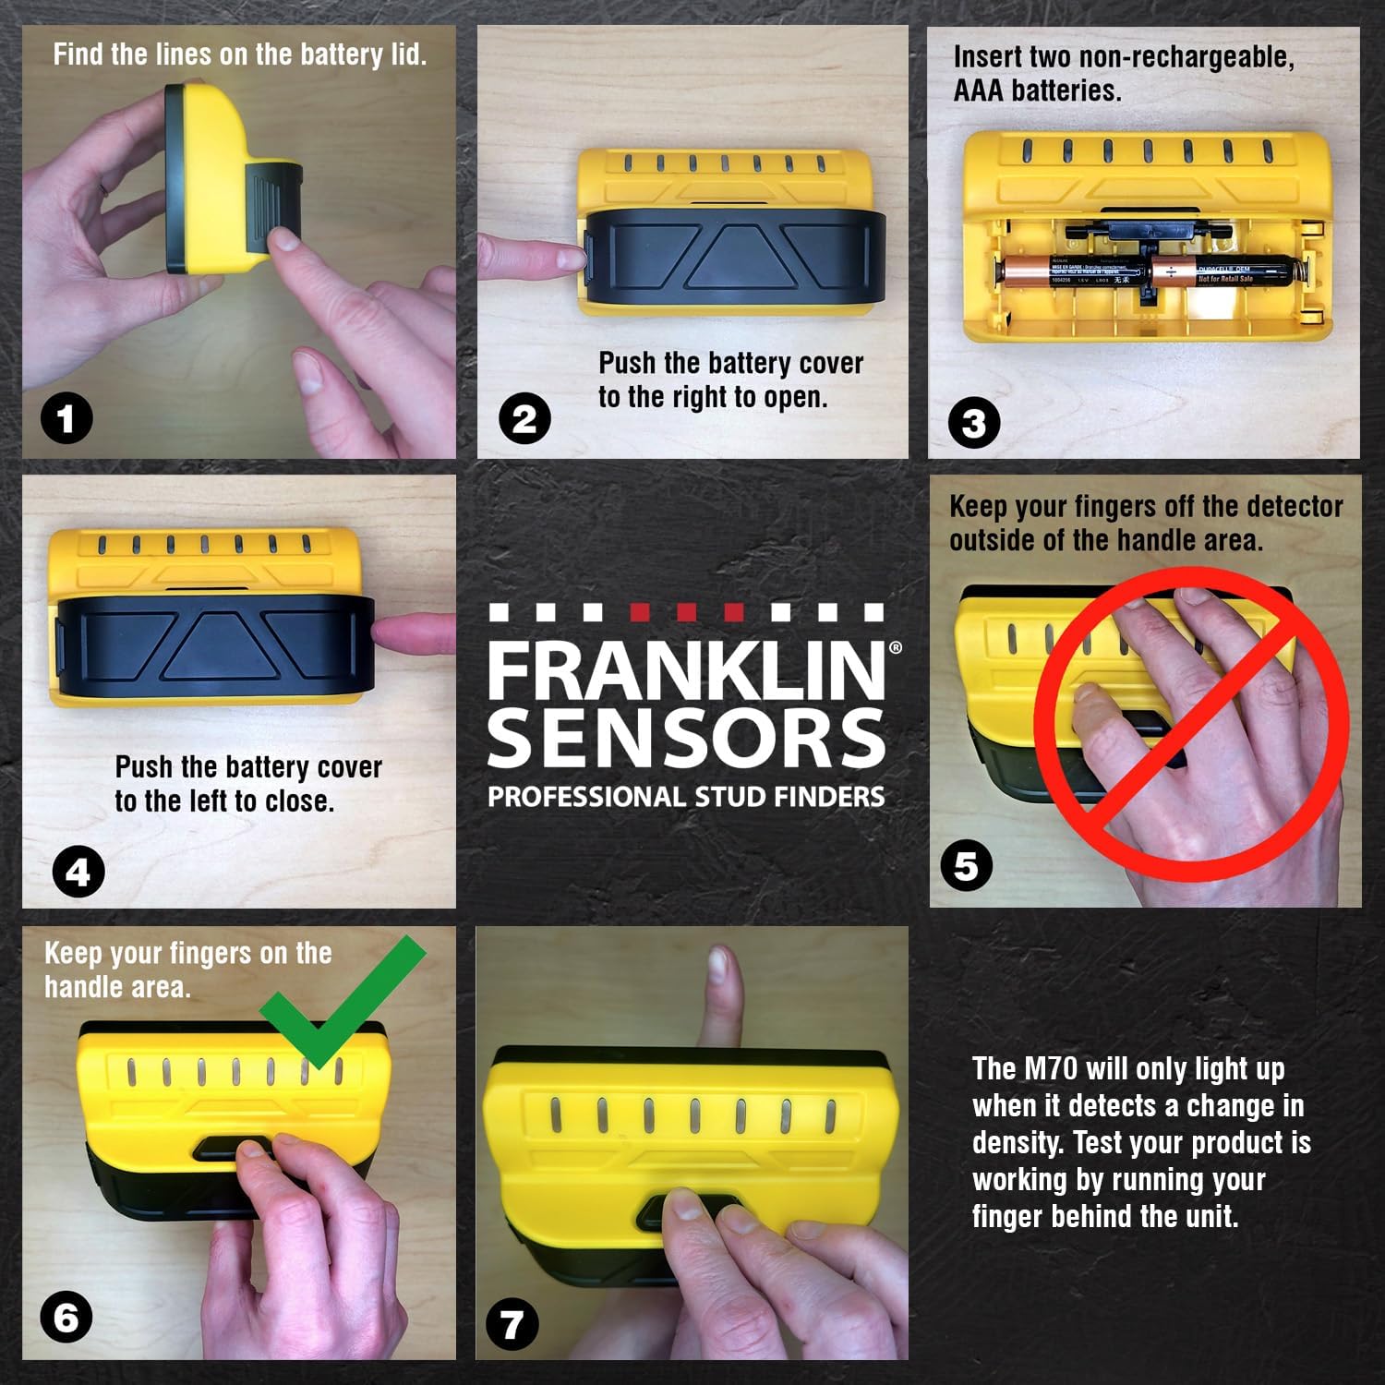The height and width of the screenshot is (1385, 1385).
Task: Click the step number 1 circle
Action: pyautogui.click(x=66, y=419)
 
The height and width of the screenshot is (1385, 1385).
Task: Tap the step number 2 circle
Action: pyautogui.click(x=524, y=419)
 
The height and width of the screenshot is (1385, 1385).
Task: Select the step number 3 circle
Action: pyautogui.click(x=974, y=424)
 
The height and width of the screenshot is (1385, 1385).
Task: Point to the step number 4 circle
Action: pyautogui.click(x=78, y=872)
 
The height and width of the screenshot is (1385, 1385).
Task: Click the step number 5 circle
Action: pyautogui.click(x=966, y=866)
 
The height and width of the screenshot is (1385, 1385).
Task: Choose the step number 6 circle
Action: pyautogui.click(x=66, y=1317)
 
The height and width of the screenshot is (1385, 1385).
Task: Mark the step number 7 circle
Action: pyautogui.click(x=512, y=1326)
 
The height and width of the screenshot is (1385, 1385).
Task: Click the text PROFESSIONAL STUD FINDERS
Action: pyautogui.click(x=685, y=797)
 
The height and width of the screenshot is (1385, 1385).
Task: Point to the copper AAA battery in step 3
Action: pyautogui.click(x=1071, y=272)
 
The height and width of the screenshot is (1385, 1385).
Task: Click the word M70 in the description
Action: pyautogui.click(x=1051, y=1069)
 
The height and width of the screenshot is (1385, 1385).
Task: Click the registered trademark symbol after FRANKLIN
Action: pyautogui.click(x=895, y=648)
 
